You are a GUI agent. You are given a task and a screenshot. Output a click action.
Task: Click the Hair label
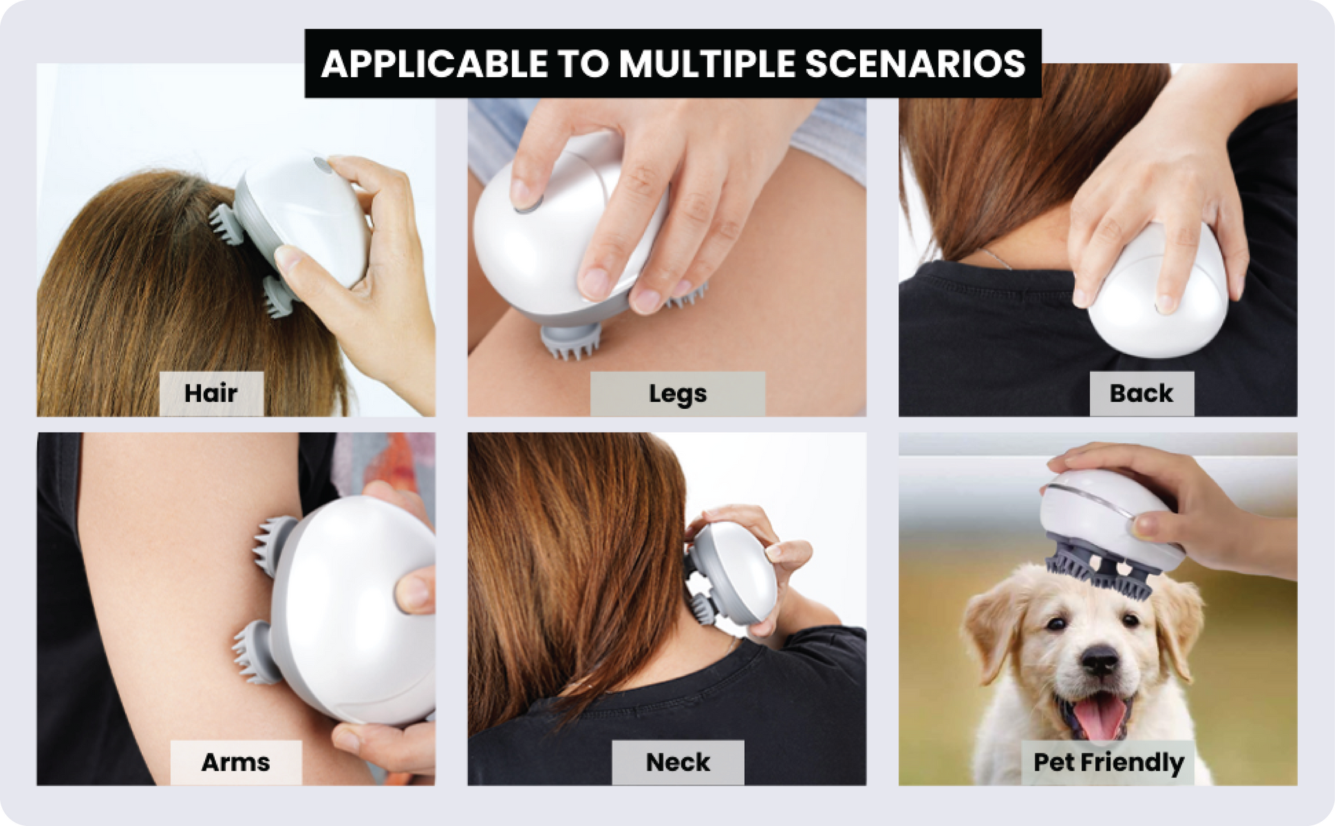(211, 394)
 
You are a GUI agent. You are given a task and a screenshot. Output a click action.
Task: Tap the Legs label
(678, 394)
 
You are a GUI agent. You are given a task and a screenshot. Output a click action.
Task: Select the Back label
(1142, 394)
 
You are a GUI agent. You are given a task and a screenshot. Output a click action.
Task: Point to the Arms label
(236, 763)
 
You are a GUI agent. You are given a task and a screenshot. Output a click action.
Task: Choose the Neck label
(678, 763)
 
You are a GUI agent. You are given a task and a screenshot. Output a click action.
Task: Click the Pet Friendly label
(1108, 763)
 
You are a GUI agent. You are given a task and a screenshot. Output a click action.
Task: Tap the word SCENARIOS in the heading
(915, 64)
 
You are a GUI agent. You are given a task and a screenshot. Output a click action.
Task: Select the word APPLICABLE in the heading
(434, 64)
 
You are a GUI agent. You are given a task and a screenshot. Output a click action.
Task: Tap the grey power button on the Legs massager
(528, 203)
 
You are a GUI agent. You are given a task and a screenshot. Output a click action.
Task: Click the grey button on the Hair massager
(321, 165)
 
